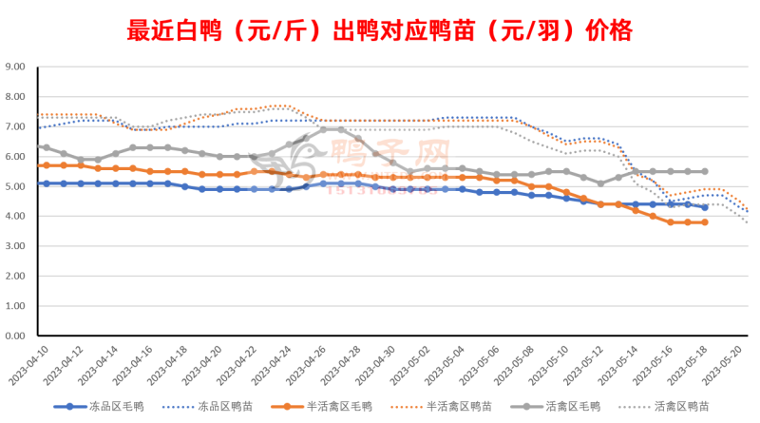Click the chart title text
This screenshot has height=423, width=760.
pyautogui.click(x=379, y=30)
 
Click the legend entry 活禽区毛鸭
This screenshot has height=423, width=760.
pyautogui.click(x=581, y=406)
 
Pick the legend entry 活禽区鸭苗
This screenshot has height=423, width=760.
pyautogui.click(x=694, y=406)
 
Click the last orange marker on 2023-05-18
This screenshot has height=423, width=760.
pyautogui.click(x=704, y=222)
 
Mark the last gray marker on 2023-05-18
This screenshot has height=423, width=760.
pyautogui.click(x=704, y=171)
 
